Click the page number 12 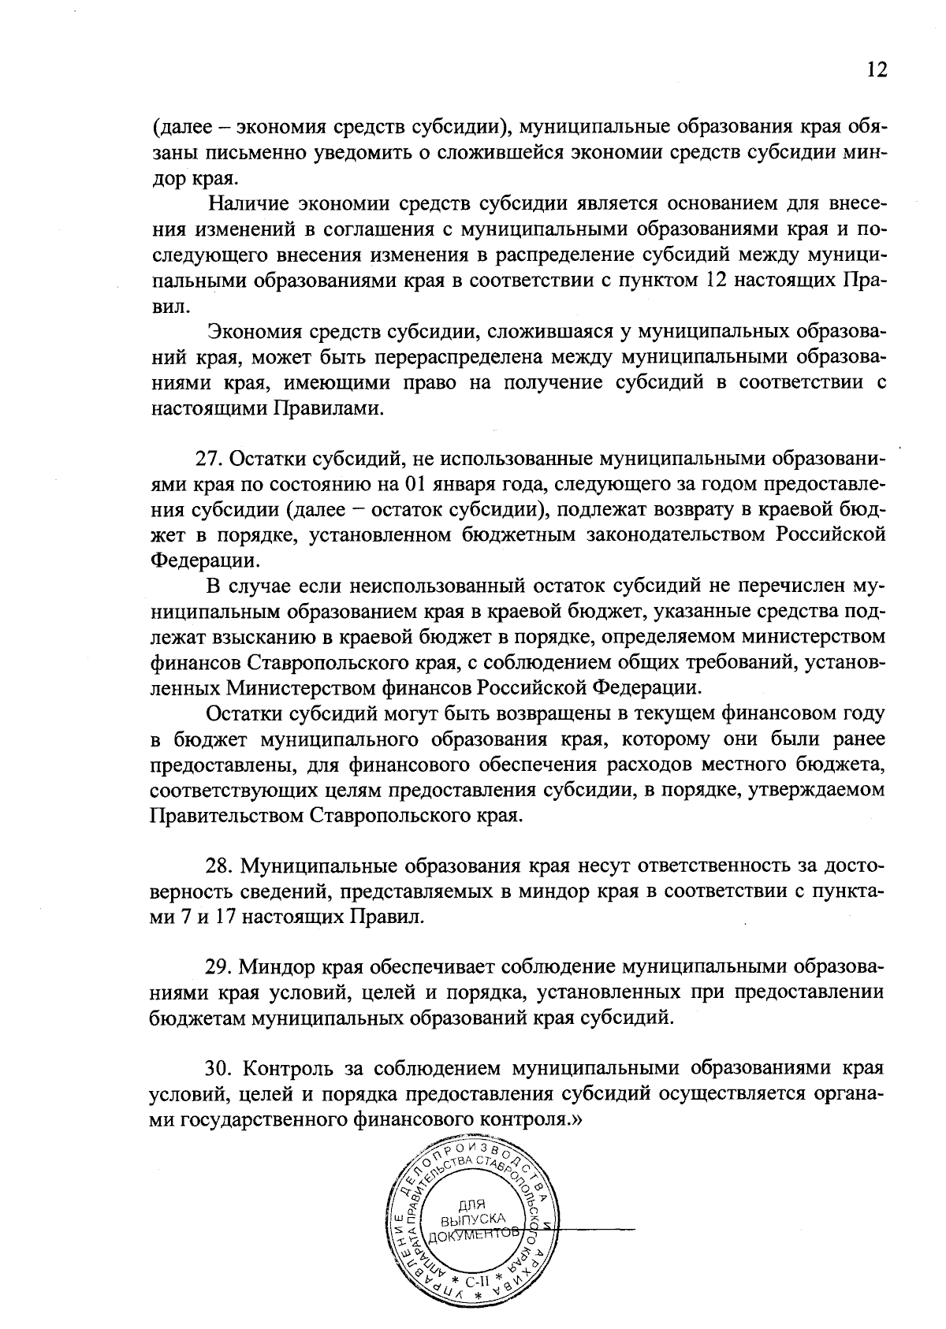[x=877, y=70]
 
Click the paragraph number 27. [x=207, y=459]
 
